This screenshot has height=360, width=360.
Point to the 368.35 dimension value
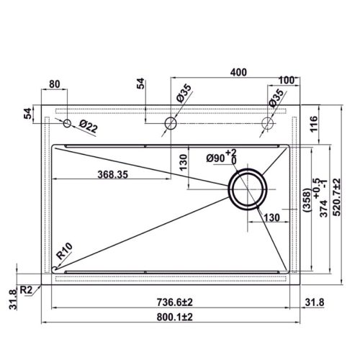[119, 174]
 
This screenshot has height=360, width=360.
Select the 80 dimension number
[54, 84]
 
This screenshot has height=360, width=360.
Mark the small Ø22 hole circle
[67, 124]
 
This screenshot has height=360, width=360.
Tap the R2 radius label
[26, 289]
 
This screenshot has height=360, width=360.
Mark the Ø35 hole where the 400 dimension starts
[171, 123]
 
